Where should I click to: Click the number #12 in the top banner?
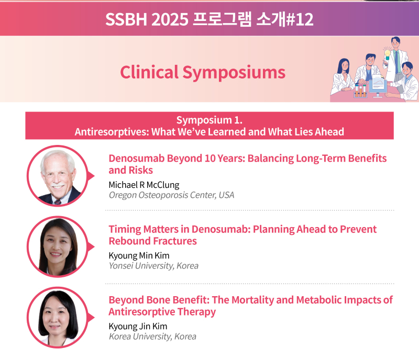(x=299, y=19)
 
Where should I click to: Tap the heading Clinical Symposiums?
(x=203, y=72)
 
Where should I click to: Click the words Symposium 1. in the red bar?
(x=209, y=120)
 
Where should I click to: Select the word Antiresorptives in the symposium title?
(x=112, y=132)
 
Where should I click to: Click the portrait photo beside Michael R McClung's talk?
(x=58, y=176)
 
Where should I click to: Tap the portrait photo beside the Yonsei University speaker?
(x=58, y=246)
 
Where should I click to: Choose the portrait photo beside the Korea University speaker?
(x=58, y=317)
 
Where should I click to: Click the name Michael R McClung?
(x=144, y=185)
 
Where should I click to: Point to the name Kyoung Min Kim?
(x=139, y=255)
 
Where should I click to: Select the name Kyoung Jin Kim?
(x=138, y=327)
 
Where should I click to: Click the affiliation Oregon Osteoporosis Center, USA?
(x=171, y=195)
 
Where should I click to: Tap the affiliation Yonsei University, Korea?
(x=153, y=266)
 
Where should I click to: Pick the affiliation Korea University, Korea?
(x=152, y=336)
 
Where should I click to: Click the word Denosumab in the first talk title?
(x=137, y=158)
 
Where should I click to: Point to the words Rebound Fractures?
(x=152, y=241)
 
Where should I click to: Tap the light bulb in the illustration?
(x=387, y=53)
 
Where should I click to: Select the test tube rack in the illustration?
(x=360, y=91)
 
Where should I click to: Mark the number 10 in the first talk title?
(x=210, y=158)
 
